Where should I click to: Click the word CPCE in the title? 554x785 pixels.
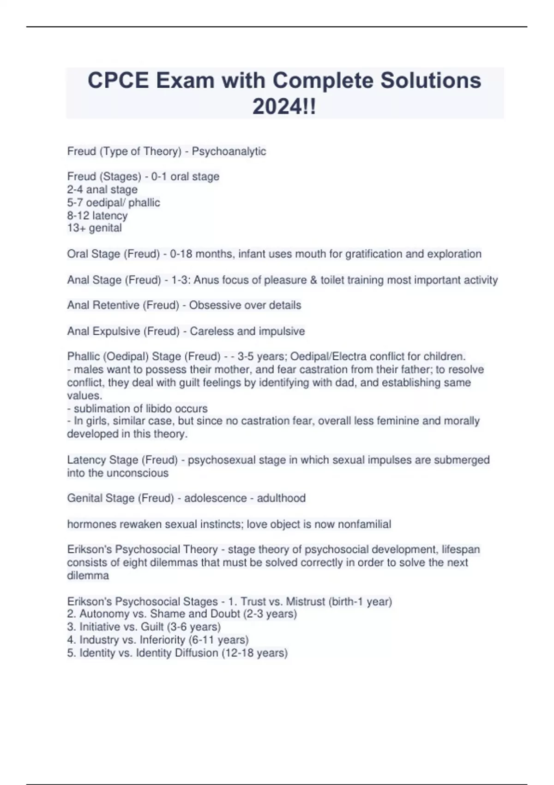pyautogui.click(x=118, y=80)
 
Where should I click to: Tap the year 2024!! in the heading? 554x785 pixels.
pyautogui.click(x=284, y=107)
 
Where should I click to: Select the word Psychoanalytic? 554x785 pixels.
pyautogui.click(x=229, y=151)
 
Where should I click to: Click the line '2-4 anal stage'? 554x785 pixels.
pyautogui.click(x=102, y=189)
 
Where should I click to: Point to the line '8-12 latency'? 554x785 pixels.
pyautogui.click(x=97, y=215)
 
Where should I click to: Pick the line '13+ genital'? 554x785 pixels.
pyautogui.click(x=95, y=228)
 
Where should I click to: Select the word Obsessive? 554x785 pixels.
pyautogui.click(x=211, y=305)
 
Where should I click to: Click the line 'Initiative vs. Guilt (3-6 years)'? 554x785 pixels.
pyautogui.click(x=144, y=627)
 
